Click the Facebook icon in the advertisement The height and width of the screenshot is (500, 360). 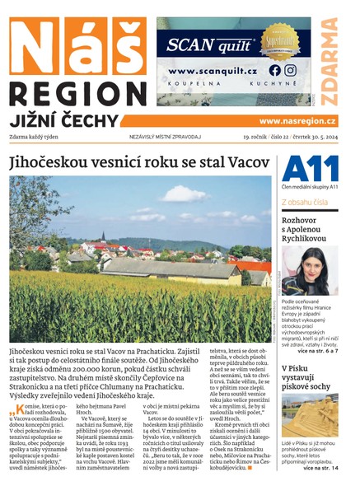[274, 71]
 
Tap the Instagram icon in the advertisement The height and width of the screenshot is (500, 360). [290, 71]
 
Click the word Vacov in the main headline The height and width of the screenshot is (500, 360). [241, 162]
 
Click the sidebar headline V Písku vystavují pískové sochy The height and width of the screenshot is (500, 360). [306, 381]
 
